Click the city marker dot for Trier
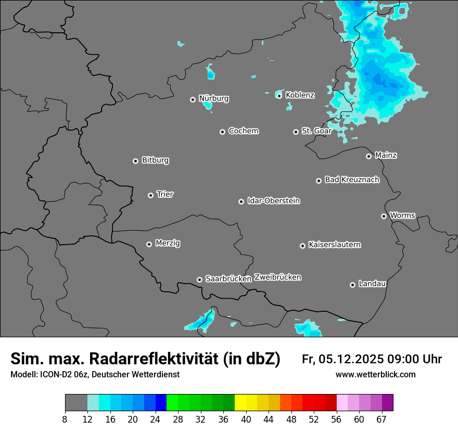click(151, 195)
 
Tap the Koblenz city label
click(300, 95)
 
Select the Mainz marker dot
click(368, 156)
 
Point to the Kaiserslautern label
click(335, 245)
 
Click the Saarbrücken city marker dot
click(199, 279)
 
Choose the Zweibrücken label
click(277, 277)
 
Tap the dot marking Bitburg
click(135, 161)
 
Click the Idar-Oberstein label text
click(274, 201)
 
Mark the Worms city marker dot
click(384, 216)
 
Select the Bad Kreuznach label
click(352, 180)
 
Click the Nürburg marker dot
click(193, 99)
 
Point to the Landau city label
click(372, 284)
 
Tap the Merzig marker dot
click(149, 244)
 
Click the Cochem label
click(244, 131)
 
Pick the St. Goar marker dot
click(296, 132)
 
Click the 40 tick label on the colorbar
click(246, 420)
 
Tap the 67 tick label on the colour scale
click(382, 420)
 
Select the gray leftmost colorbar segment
click(76, 403)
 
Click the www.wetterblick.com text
click(375, 374)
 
